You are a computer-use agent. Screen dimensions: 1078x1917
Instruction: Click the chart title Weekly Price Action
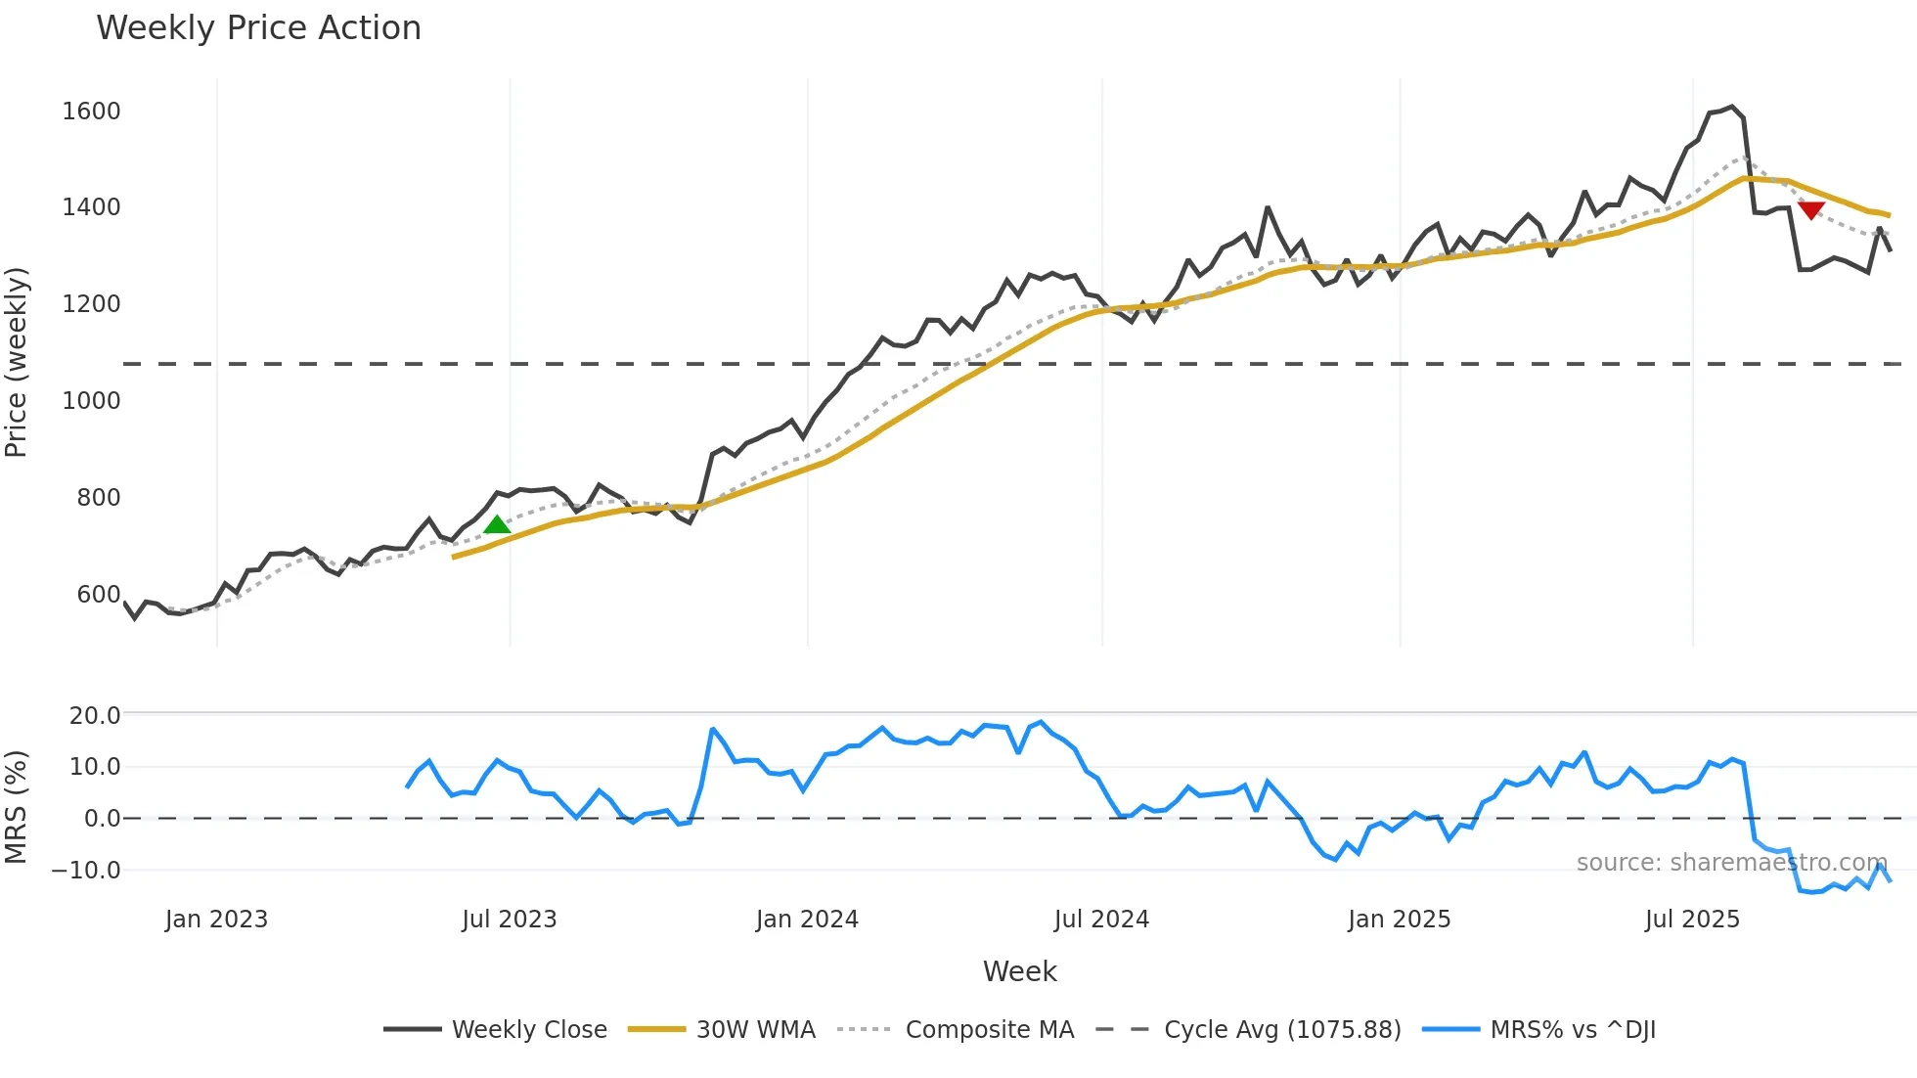258,28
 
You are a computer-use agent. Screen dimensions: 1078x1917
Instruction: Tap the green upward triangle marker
497,525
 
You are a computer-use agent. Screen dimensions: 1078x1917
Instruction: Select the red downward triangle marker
1811,209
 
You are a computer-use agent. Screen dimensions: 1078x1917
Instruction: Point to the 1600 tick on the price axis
91,112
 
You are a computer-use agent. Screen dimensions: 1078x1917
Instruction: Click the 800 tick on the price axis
99,498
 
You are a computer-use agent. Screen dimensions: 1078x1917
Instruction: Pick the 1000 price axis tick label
91,401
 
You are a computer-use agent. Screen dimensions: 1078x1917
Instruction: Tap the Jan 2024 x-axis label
807,920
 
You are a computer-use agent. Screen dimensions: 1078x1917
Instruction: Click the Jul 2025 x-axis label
1692,920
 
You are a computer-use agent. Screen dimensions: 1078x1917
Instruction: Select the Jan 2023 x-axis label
216,920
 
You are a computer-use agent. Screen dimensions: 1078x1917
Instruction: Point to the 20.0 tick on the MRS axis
95,716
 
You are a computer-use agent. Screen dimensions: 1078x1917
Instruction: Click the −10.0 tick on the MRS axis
86,870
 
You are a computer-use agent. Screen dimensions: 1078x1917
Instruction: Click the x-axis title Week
1019,971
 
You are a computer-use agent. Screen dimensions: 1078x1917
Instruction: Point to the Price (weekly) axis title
17,362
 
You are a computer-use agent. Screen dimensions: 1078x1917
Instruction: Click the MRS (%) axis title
17,807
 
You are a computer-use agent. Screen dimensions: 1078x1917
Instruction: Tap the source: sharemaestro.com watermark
1731,863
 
